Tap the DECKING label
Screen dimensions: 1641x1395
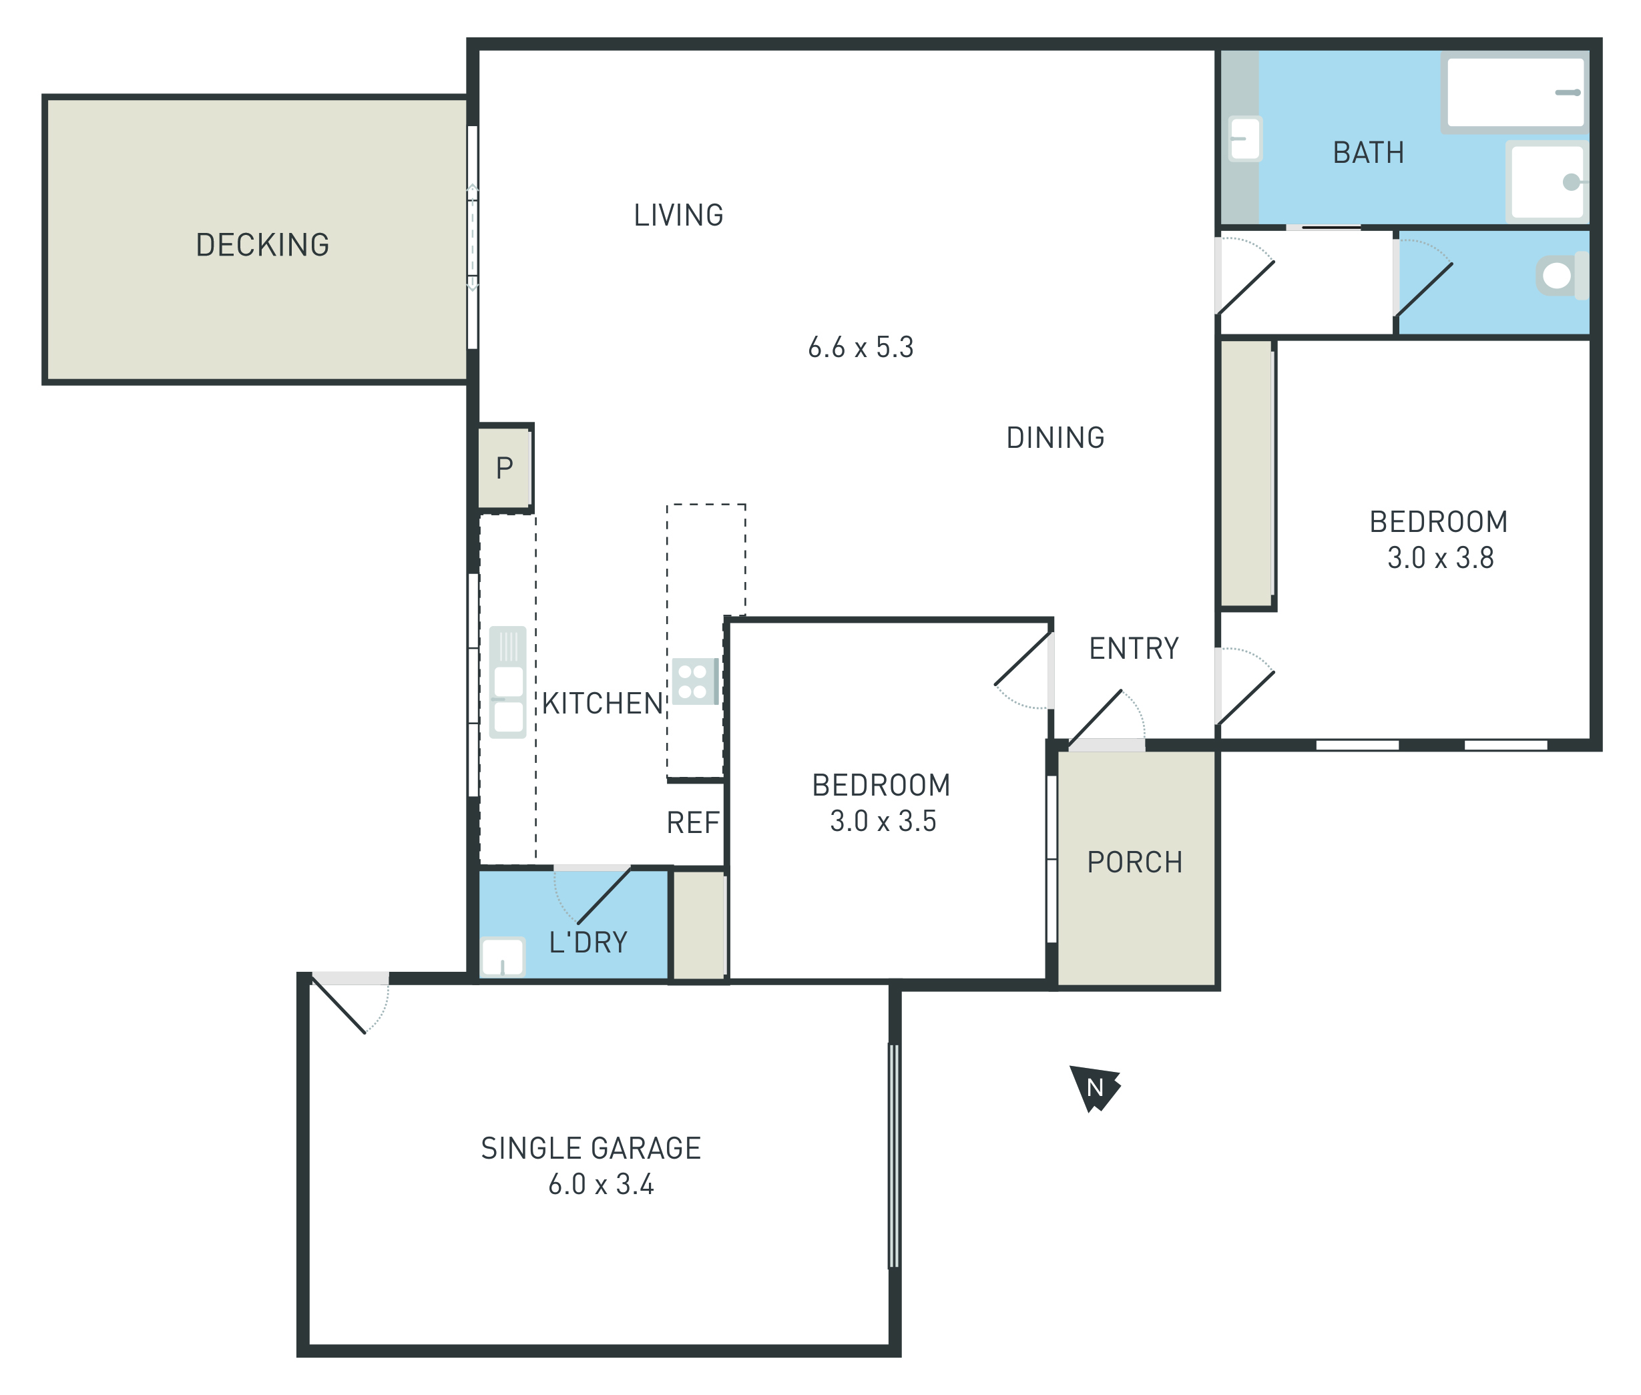262,245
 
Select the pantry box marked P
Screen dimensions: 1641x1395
504,467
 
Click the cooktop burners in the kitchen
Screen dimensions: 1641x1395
694,681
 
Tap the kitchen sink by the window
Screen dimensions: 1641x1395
507,681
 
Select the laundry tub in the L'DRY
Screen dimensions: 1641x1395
502,957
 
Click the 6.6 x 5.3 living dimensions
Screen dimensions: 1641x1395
861,347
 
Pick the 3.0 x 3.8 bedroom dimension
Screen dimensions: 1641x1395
1440,557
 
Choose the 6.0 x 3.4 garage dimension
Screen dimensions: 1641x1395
601,1184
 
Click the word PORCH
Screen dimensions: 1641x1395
1135,862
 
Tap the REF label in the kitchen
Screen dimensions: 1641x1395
693,823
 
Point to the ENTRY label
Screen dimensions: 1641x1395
1134,649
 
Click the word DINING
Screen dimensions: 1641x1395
1055,437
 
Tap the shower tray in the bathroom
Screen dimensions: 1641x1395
1547,181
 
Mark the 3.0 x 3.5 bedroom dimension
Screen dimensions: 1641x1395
883,821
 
